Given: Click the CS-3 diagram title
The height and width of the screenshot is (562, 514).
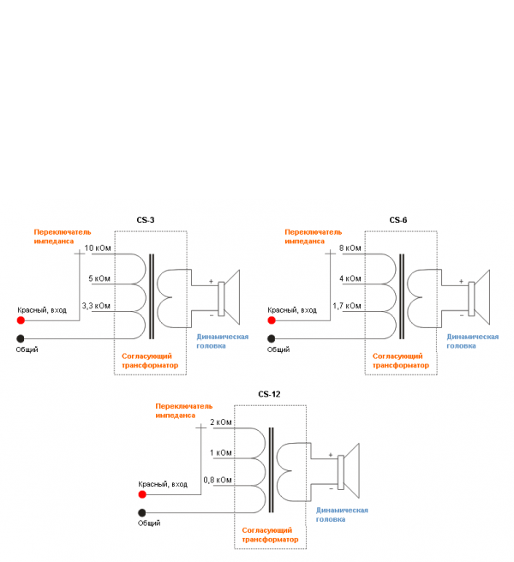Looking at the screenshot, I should (x=146, y=220).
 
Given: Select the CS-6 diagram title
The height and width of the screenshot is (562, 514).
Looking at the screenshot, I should (x=398, y=220).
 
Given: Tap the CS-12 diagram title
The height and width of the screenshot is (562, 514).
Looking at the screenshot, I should (x=269, y=394).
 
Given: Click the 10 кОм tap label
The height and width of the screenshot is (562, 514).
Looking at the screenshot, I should (x=98, y=248).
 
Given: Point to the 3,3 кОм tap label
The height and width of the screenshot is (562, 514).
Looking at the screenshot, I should (x=96, y=305).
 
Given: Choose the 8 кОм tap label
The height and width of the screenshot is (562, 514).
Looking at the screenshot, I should (x=350, y=248).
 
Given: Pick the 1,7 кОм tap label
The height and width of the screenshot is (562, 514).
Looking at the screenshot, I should (x=348, y=305).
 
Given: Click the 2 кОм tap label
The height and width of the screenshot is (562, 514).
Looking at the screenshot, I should (x=220, y=422).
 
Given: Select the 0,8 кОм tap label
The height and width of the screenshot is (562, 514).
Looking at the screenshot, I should (x=217, y=479).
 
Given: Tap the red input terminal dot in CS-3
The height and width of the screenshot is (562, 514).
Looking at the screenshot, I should (x=21, y=320).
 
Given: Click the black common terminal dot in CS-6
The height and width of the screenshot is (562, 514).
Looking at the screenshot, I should (x=272, y=338).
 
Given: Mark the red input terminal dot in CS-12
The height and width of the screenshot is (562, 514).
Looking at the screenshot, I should (x=142, y=494).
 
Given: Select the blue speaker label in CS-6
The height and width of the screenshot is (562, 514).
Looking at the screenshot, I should (x=472, y=341).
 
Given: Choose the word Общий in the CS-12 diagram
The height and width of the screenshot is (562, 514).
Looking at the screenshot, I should (x=149, y=523).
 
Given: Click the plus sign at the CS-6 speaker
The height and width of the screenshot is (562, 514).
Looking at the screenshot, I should (x=461, y=281).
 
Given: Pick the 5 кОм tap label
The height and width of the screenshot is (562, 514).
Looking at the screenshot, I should (x=99, y=278).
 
